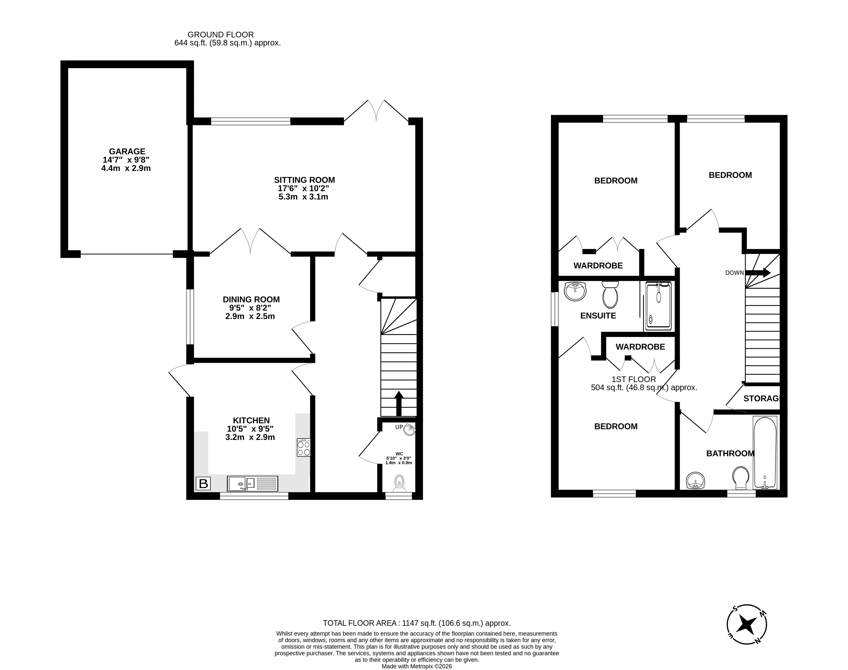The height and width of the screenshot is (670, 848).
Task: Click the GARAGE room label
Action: (x=127, y=151)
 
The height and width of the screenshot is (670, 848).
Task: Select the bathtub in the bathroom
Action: (x=764, y=452)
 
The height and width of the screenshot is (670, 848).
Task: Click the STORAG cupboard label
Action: (x=761, y=399)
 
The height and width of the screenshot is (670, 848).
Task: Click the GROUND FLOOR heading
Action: (x=221, y=35)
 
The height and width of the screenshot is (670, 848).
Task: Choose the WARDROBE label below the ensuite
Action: (x=640, y=347)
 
